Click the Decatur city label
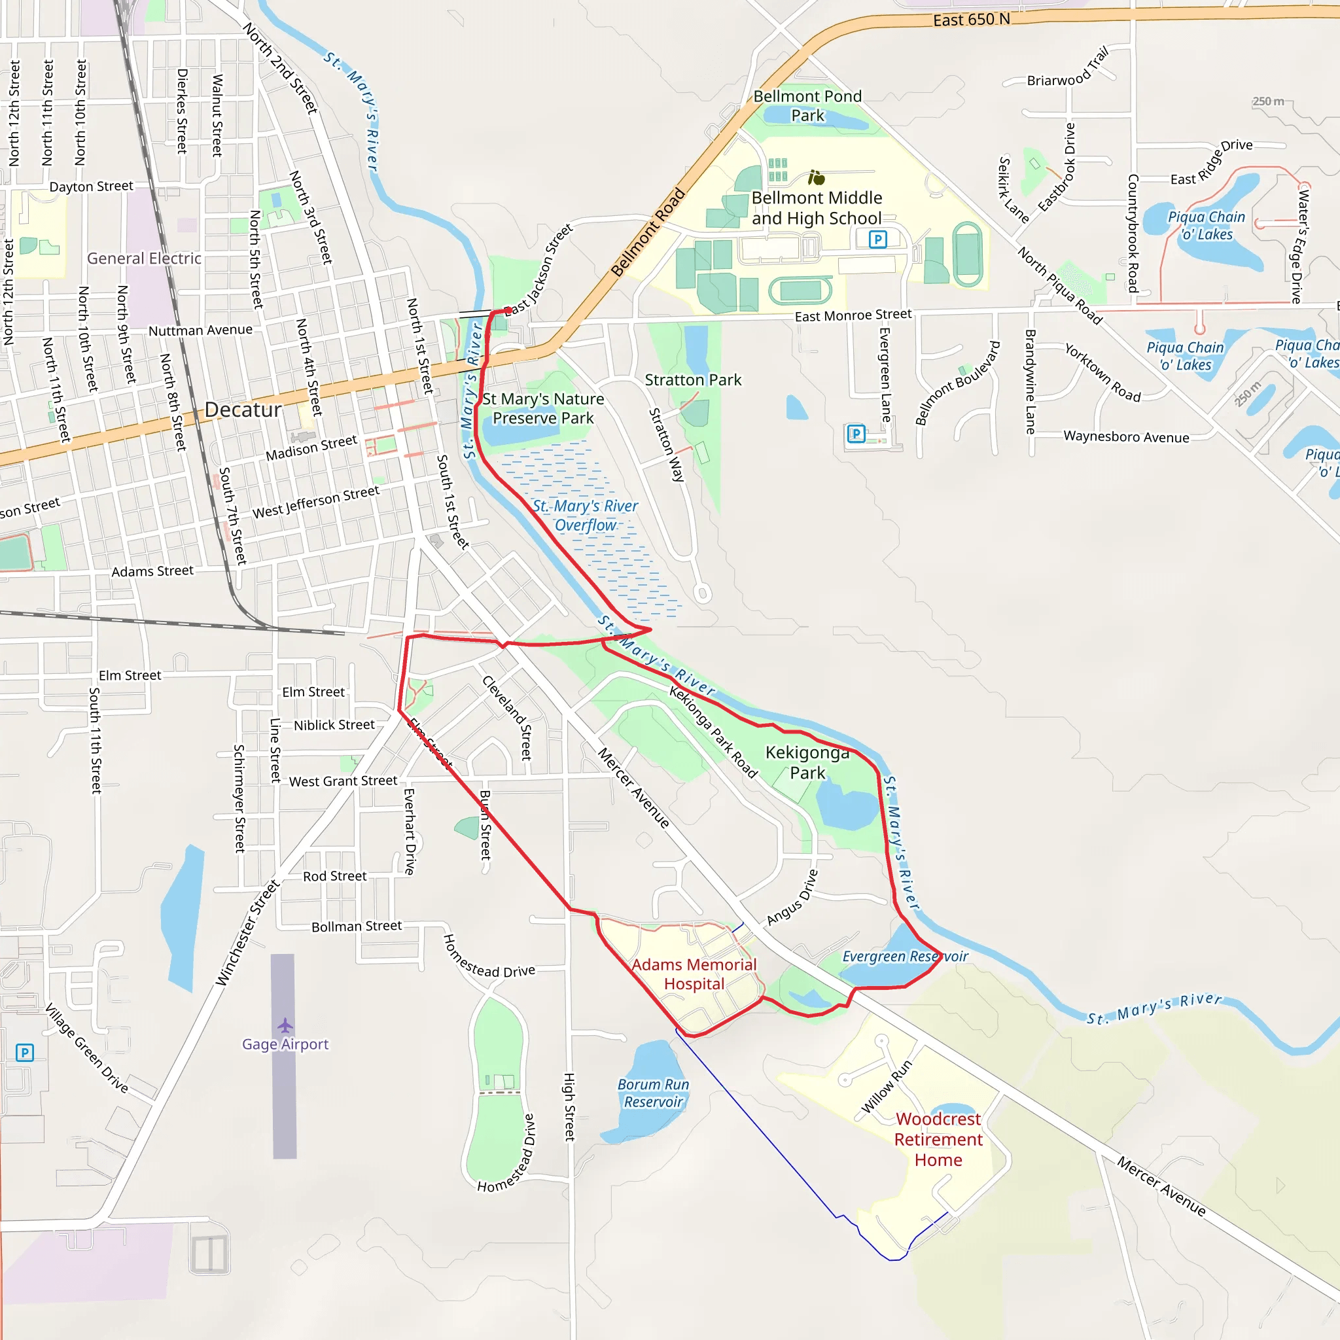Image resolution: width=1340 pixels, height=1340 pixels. pos(243,410)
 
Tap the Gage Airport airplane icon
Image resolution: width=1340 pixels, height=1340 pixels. pos(285,1025)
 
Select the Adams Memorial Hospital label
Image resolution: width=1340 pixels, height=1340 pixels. pos(694,974)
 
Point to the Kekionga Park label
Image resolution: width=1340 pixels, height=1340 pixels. pos(807,762)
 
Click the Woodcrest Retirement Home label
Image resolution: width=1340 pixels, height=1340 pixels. pos(938,1139)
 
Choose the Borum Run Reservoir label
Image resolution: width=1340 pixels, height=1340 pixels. pos(654,1093)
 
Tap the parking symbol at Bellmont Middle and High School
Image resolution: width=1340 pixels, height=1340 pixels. pos(877,240)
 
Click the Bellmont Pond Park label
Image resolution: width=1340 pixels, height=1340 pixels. pos(807,105)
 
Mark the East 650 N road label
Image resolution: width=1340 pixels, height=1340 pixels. pos(971,20)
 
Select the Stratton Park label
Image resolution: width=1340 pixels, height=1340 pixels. pos(693,380)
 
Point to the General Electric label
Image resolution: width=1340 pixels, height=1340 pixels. pos(144,258)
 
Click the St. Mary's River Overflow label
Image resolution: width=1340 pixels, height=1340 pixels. pos(586,516)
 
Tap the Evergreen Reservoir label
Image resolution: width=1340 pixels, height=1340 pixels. pos(905,957)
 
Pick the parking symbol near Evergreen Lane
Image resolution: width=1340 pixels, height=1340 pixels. pos(856,434)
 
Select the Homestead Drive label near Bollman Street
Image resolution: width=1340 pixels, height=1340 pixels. pos(488,957)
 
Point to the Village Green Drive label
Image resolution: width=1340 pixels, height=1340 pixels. pos(88,1049)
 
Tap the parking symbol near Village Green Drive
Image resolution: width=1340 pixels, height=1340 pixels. pos(24,1053)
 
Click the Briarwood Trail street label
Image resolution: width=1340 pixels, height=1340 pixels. pos(1067,68)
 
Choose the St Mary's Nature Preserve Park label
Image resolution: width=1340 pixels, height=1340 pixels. pos(543,408)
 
